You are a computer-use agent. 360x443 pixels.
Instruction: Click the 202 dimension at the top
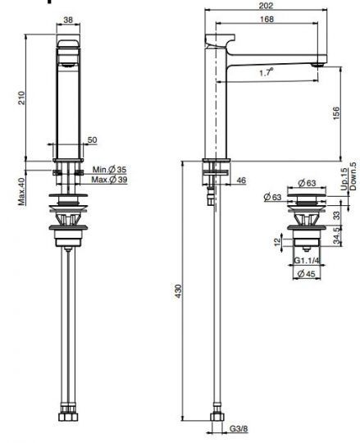tap(266, 6)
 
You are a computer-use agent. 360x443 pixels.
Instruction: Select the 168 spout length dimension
tap(267, 19)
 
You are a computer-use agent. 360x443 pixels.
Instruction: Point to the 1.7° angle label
tap(267, 73)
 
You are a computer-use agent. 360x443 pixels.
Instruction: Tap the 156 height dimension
tap(336, 113)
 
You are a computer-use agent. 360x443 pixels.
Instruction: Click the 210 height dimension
tap(22, 98)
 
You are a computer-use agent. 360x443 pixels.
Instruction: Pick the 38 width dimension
tap(68, 20)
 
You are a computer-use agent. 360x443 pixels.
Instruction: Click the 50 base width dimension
tap(92, 139)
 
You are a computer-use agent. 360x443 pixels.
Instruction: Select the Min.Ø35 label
tap(109, 170)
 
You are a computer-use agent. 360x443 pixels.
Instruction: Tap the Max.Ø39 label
tap(110, 180)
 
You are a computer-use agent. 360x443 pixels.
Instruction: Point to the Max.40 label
tap(22, 191)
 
